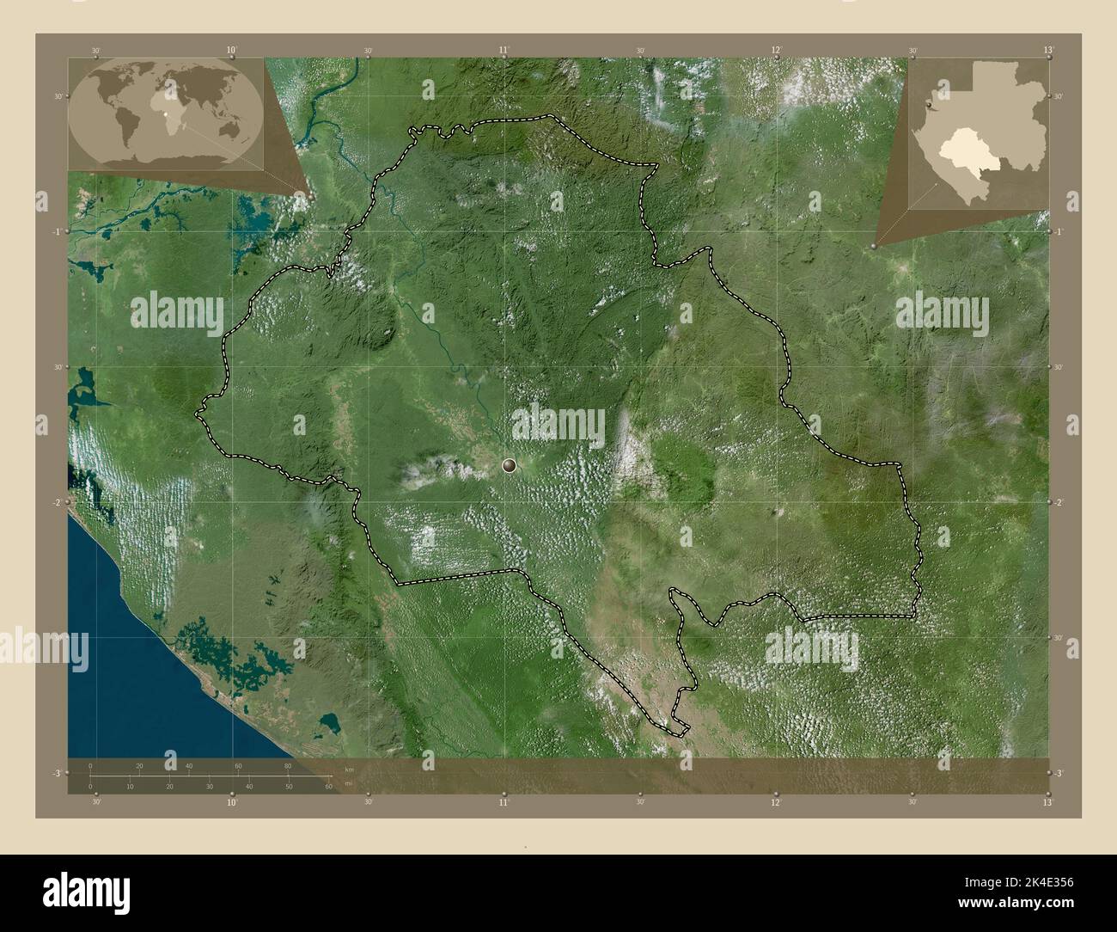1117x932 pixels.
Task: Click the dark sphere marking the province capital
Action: tap(510, 466)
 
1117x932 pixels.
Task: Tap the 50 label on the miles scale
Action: tap(289, 786)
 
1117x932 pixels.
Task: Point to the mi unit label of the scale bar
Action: tap(347, 784)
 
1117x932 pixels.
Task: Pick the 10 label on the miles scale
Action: tap(130, 786)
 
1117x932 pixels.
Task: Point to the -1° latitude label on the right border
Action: tap(1059, 232)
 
